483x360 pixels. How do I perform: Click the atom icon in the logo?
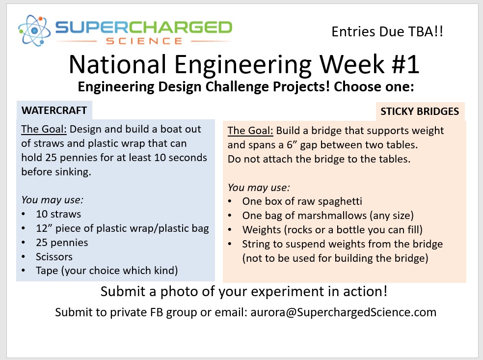(34, 30)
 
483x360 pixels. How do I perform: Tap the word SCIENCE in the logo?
(144, 41)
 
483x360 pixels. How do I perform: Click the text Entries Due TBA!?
(387, 31)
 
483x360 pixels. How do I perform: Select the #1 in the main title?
(405, 64)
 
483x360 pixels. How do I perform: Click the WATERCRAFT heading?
(54, 111)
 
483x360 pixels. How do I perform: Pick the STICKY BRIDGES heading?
(420, 111)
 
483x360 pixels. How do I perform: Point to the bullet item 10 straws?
(58, 214)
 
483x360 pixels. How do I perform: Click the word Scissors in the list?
(54, 256)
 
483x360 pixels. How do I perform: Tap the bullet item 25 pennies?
(62, 243)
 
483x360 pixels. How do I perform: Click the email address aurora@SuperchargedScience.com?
(344, 312)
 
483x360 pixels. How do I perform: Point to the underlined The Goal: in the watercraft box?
(44, 129)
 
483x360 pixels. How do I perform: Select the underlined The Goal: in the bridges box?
(250, 131)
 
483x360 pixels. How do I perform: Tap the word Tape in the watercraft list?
(47, 271)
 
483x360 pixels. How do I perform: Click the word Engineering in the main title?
(243, 65)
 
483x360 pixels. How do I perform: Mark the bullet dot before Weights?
(230, 230)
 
